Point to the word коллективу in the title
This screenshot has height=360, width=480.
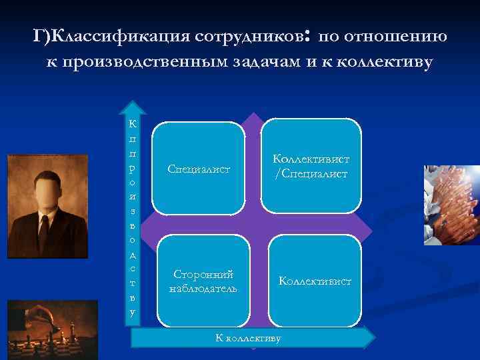coord(385,62)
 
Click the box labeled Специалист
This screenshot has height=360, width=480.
coord(198,169)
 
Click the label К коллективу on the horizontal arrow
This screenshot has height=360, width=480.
coord(249,338)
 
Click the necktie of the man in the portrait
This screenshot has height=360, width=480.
coord(44,233)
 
